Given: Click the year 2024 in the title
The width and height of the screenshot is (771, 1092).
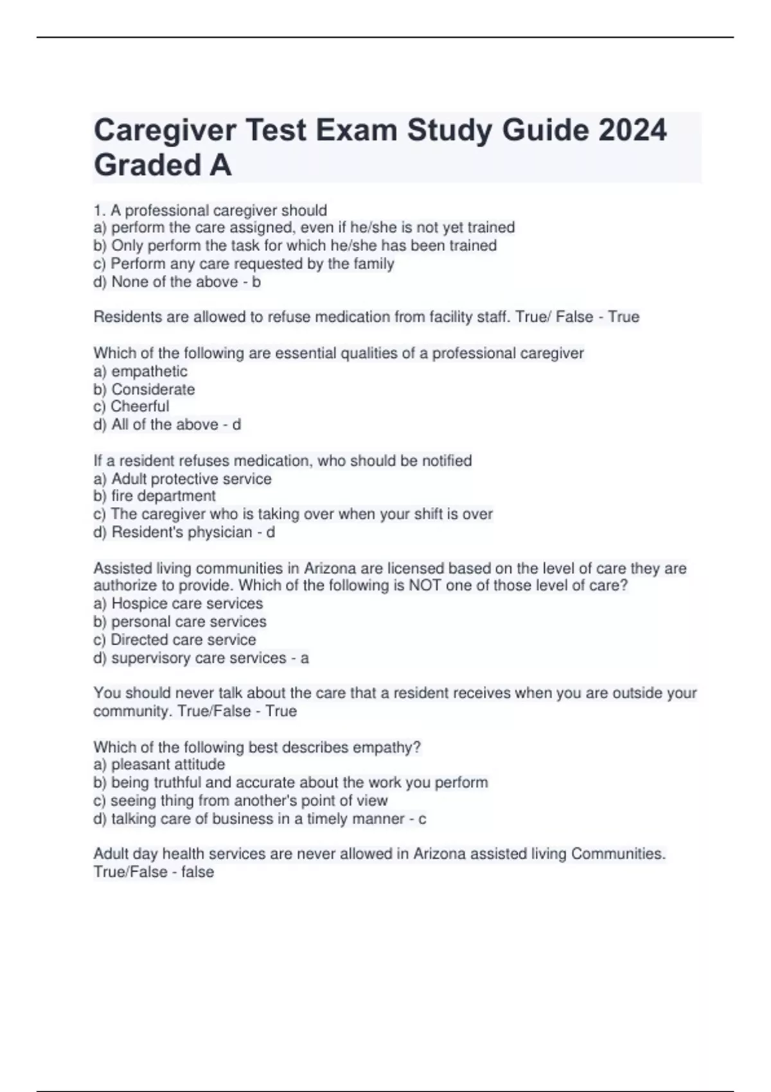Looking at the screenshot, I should click(632, 130).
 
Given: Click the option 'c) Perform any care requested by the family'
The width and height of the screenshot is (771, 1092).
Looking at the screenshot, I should click(244, 264).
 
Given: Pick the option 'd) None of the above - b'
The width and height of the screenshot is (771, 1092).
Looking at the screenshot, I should click(177, 282).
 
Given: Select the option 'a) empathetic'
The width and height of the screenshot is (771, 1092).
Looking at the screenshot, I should click(140, 371).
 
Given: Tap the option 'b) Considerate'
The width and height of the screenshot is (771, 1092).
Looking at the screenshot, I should click(144, 389).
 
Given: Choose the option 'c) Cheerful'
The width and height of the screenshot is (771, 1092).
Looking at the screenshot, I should click(131, 407).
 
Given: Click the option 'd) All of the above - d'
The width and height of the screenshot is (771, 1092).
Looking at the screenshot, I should click(167, 425).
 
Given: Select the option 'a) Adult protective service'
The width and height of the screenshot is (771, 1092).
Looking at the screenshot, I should click(182, 479).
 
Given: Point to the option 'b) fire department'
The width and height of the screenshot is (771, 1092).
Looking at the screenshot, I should click(154, 496).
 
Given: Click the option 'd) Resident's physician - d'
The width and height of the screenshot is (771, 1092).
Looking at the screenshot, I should click(184, 533).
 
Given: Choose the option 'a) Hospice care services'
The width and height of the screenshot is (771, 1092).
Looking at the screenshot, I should click(178, 604).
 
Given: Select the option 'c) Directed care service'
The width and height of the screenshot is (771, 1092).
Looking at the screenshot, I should click(175, 640).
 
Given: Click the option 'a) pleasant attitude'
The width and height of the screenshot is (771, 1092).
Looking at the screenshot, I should click(159, 764).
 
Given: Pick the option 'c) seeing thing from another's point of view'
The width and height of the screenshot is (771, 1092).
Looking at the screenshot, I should click(240, 800).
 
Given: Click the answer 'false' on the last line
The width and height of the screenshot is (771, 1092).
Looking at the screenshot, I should click(197, 872).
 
